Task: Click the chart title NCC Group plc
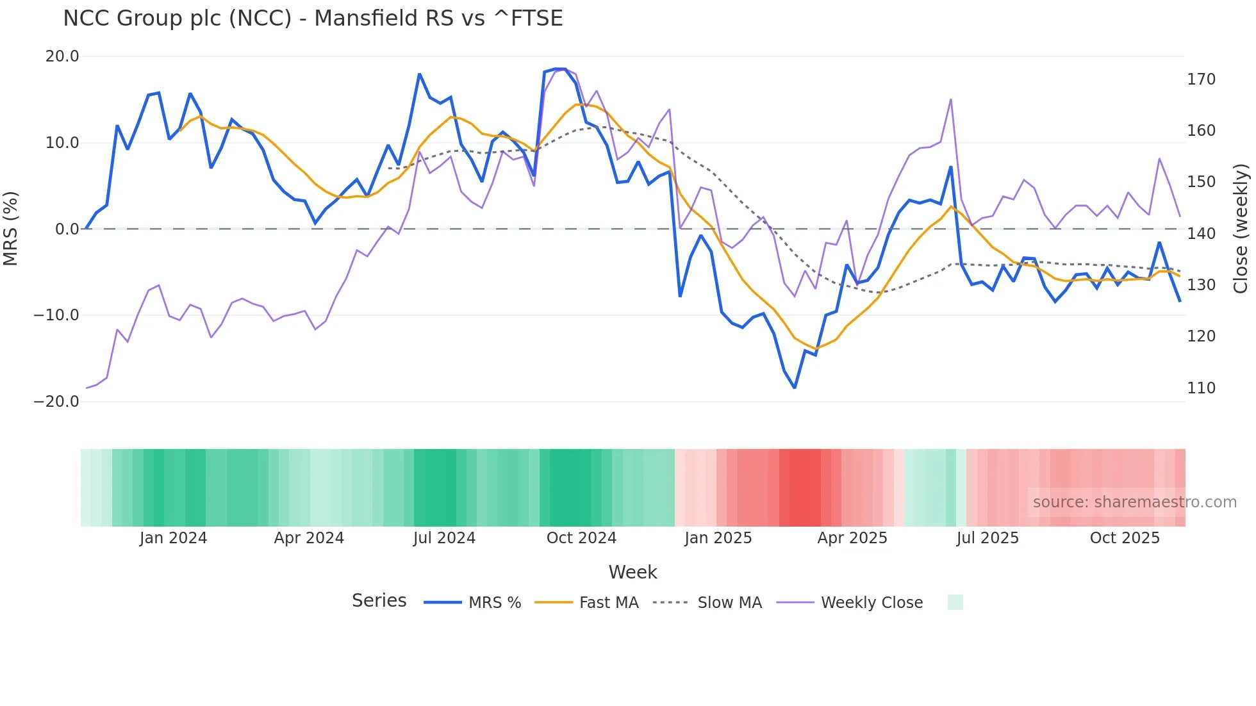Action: tap(313, 19)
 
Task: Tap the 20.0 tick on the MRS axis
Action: tap(62, 56)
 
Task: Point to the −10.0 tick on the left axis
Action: tap(56, 315)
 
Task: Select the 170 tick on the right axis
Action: tap(1201, 79)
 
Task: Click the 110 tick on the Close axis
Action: tap(1201, 388)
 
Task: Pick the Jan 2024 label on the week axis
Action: tap(173, 538)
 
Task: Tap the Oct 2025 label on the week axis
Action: tap(1125, 538)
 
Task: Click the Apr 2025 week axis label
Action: tap(852, 538)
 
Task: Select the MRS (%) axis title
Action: tap(11, 228)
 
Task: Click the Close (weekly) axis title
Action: tap(1241, 228)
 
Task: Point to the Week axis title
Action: tap(632, 572)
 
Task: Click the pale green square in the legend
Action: tap(955, 602)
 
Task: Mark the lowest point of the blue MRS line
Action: tap(795, 388)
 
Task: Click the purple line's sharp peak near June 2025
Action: tap(951, 99)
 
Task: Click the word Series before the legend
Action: tap(379, 601)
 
